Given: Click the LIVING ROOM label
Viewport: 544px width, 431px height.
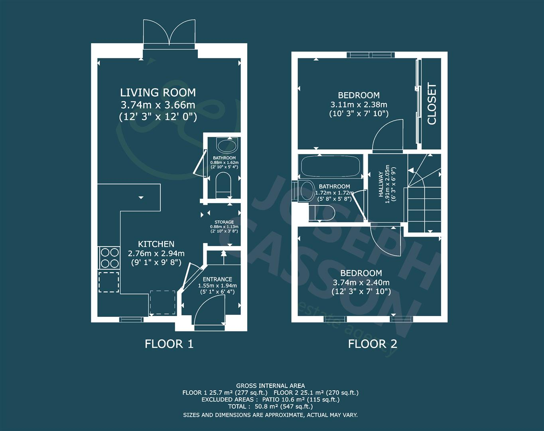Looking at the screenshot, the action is click(x=158, y=93).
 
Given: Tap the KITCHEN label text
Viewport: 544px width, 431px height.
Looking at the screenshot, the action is click(x=156, y=244).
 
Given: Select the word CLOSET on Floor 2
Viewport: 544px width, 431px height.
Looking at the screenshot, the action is click(x=432, y=104).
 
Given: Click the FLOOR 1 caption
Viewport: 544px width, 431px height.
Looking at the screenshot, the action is click(x=169, y=344).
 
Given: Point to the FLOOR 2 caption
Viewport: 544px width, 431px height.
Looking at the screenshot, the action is click(x=373, y=344).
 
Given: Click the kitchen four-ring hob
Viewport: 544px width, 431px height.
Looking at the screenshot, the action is click(x=110, y=258).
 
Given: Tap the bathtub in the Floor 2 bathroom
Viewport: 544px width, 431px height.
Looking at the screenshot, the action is click(x=330, y=166).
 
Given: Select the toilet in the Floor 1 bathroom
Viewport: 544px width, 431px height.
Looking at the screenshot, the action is click(x=223, y=186).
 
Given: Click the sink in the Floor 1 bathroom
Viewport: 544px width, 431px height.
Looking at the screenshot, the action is click(x=227, y=145).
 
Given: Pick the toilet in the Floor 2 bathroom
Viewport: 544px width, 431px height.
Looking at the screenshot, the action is click(x=322, y=213).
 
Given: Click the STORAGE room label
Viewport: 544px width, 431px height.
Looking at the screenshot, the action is click(x=224, y=222).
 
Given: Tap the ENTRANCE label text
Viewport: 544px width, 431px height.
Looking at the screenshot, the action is click(x=217, y=279).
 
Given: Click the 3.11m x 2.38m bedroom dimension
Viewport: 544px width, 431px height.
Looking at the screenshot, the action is click(x=359, y=105).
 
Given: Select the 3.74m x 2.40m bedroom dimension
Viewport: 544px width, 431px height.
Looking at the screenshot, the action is click(x=361, y=282).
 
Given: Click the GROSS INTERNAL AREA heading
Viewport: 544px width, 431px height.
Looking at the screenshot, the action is click(x=270, y=386).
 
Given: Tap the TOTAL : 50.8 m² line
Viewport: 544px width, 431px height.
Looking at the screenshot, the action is click(x=270, y=407).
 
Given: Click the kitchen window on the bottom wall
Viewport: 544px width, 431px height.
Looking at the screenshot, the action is click(x=131, y=320).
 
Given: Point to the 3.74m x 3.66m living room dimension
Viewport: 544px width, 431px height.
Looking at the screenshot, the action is click(x=158, y=105).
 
